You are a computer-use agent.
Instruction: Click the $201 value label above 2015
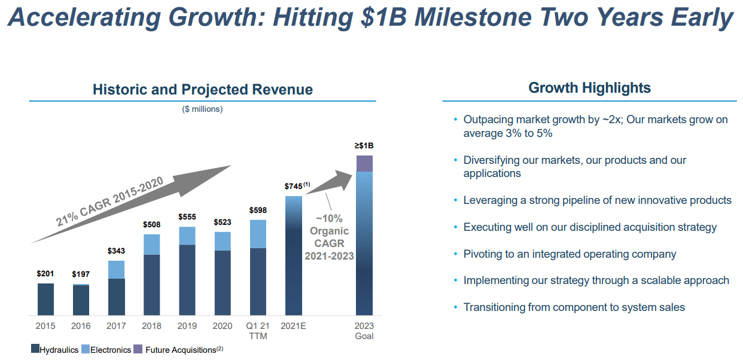click(x=45, y=274)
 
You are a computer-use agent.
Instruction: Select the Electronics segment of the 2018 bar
click(x=152, y=244)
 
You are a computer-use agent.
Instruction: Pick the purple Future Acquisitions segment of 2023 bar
click(x=364, y=163)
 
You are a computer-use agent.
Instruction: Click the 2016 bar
click(x=81, y=300)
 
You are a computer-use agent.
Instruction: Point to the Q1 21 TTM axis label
click(x=258, y=331)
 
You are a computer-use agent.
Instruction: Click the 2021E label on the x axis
click(x=294, y=326)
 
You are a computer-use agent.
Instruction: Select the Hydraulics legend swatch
click(x=35, y=349)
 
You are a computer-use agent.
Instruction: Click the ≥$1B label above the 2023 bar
click(x=364, y=145)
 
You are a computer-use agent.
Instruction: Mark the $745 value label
click(x=294, y=187)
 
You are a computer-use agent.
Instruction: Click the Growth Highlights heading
click(x=589, y=88)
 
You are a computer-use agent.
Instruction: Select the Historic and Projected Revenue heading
click(x=202, y=90)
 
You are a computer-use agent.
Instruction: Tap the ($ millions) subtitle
click(x=202, y=109)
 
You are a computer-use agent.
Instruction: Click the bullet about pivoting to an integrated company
click(x=570, y=254)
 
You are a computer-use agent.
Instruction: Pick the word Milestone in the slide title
click(x=472, y=18)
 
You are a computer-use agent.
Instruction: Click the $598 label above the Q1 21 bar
click(x=258, y=210)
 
